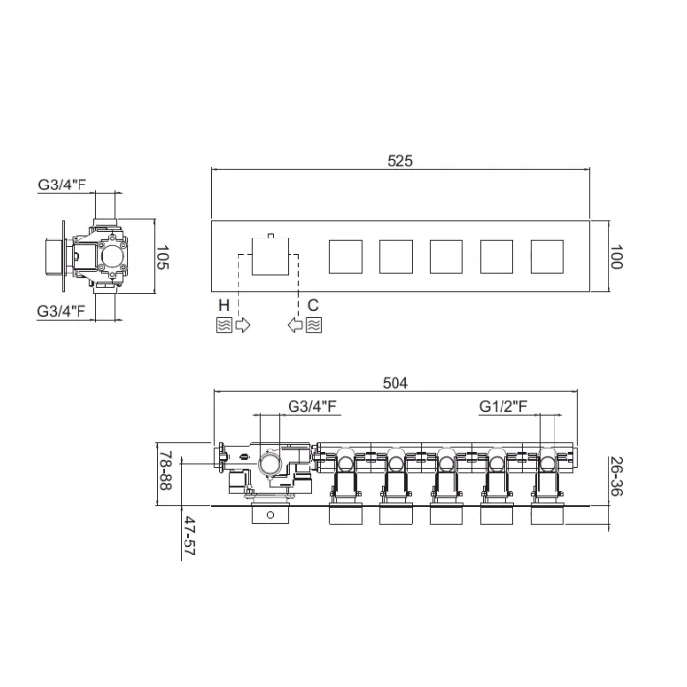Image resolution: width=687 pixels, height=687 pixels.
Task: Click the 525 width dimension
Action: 400,161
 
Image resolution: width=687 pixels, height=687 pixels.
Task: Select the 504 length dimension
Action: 396,383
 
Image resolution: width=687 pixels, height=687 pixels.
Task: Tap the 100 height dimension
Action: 616,257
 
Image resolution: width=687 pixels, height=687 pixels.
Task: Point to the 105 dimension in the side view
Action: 162,257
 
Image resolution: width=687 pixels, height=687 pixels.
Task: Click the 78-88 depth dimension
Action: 166,471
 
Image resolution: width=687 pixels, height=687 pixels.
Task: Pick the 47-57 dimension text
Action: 189,536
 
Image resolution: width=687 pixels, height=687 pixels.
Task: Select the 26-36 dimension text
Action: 616,477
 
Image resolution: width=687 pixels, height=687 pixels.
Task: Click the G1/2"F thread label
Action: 502,406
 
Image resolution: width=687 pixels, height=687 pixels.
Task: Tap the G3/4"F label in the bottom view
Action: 312,406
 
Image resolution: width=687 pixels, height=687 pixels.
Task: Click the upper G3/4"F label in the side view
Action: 62,185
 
